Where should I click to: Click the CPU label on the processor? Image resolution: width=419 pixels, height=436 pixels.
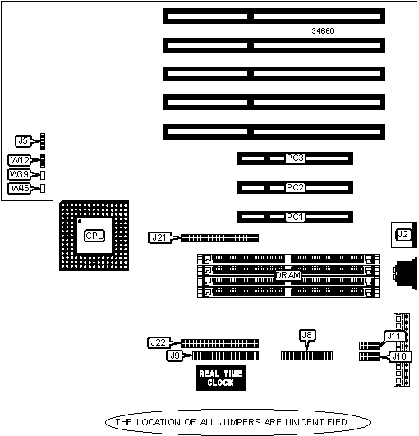[x=94, y=236]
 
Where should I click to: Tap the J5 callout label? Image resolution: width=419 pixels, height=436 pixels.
[x=23, y=141]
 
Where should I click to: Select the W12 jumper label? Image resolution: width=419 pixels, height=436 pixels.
[x=20, y=160]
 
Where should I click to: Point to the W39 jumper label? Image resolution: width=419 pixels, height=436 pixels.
[x=19, y=174]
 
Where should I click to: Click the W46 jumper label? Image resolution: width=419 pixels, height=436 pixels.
[x=20, y=188]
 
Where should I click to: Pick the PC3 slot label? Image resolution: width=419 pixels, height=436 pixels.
[x=295, y=158]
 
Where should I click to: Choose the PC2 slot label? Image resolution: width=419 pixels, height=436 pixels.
[x=295, y=187]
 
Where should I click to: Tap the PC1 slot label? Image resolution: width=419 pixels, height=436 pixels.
[x=295, y=217]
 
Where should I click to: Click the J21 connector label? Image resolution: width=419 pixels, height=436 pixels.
[x=159, y=238]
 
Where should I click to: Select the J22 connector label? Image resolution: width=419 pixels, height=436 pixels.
[x=159, y=342]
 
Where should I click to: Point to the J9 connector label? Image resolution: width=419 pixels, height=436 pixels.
[x=175, y=356]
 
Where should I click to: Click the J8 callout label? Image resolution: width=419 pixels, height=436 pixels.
[x=307, y=335]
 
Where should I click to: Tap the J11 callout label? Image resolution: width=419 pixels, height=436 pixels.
[x=394, y=336]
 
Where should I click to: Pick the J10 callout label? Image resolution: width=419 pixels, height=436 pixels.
[x=400, y=356]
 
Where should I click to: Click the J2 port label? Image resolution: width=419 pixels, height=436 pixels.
[x=403, y=235]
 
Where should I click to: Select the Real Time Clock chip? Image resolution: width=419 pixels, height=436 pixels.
[x=220, y=379]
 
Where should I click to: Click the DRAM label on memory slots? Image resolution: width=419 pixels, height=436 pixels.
[x=288, y=275]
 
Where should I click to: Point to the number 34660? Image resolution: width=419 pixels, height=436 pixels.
[x=323, y=31]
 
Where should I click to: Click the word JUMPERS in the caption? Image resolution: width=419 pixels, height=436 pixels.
[x=240, y=422]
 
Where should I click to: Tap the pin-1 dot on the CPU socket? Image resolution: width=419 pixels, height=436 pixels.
[x=80, y=222]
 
